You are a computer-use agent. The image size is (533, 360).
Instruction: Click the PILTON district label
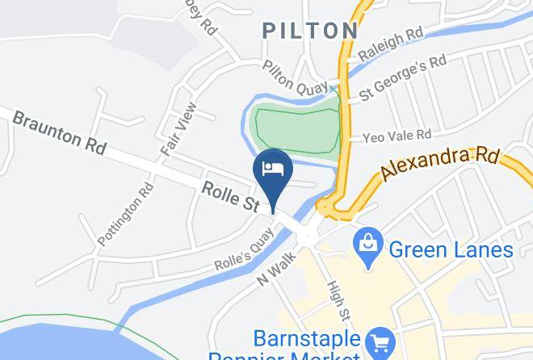pyautogui.click(x=311, y=31)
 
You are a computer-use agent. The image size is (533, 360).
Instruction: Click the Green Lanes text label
pyautogui.click(x=451, y=249)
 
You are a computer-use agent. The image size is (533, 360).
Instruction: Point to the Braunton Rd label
pyautogui.click(x=59, y=132)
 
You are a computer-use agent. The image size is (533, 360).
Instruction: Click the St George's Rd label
pyautogui.click(x=404, y=78)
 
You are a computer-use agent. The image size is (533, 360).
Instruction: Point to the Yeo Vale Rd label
pyautogui.click(x=397, y=136)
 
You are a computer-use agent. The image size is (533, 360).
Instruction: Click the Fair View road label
pyautogui.click(x=178, y=129)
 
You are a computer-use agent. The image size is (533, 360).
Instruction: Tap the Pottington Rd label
pyautogui.click(x=125, y=213)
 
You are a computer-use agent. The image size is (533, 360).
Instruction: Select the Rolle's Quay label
pyautogui.click(x=244, y=252)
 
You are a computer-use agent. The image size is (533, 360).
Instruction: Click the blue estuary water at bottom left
pyautogui.click(x=48, y=339)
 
